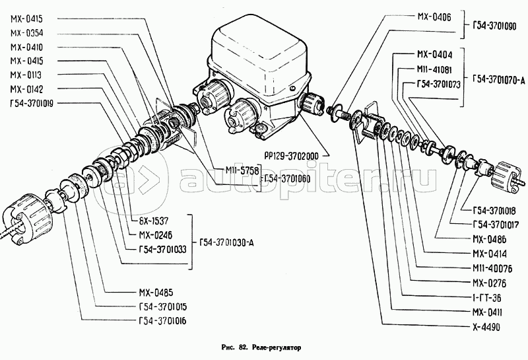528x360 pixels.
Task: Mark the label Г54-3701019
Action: (x=32, y=102)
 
